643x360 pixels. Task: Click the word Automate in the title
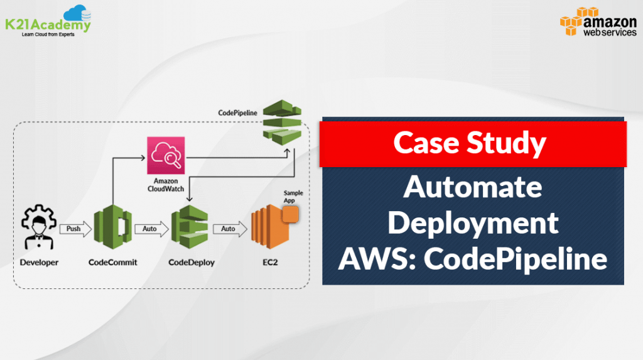coord(473,187)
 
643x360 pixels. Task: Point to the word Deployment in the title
coord(473,223)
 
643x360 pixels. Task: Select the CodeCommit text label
coord(112,263)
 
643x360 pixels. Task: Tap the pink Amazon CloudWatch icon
coord(165,155)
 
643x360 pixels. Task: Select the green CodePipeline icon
coord(282,121)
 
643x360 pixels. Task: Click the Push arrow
coord(74,229)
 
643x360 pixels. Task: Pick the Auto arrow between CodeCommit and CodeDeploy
coord(151,229)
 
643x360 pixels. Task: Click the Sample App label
coord(293,197)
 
